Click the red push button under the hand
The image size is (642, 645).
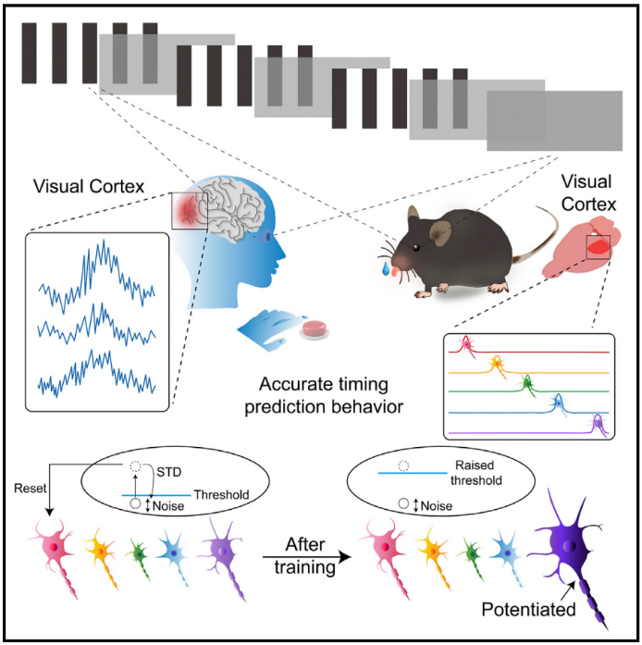click(315, 328)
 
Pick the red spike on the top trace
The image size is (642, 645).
click(466, 345)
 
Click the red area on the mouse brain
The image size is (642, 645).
click(599, 246)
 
